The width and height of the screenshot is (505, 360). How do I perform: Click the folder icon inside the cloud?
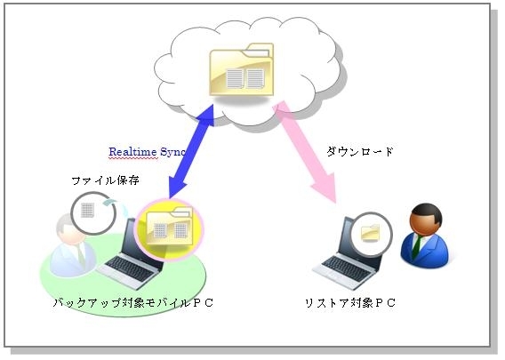pyautogui.click(x=242, y=69)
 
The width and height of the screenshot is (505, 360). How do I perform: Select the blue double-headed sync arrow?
pyautogui.click(x=192, y=151)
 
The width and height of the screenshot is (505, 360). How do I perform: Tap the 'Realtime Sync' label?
pyautogui.click(x=147, y=152)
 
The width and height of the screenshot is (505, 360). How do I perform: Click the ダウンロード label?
pyautogui.click(x=360, y=151)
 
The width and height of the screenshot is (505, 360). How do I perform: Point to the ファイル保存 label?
pyautogui.click(x=105, y=180)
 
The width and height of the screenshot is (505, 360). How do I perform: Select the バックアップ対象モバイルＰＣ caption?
pyautogui.click(x=133, y=303)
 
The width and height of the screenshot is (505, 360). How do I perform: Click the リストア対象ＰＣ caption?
pyautogui.click(x=350, y=303)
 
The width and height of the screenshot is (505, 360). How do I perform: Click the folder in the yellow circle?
pyautogui.click(x=170, y=227)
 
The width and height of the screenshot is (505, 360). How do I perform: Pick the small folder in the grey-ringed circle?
pyautogui.click(x=371, y=234)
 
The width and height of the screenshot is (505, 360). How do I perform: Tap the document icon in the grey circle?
pyautogui.click(x=87, y=211)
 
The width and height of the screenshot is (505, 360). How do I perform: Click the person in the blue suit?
pyautogui.click(x=424, y=236)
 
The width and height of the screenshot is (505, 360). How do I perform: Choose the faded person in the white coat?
pyautogui.click(x=73, y=246)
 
